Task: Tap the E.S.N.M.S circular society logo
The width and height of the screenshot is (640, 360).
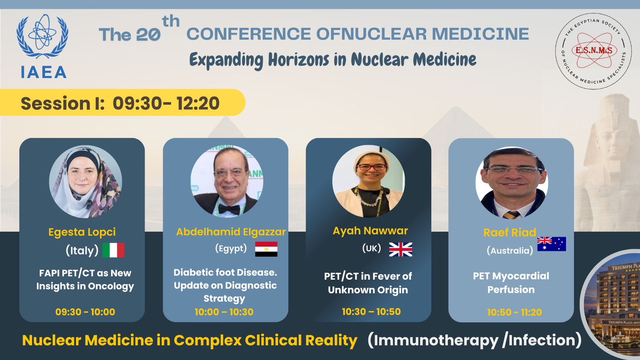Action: click(594, 51)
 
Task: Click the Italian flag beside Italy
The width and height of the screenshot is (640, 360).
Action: click(114, 250)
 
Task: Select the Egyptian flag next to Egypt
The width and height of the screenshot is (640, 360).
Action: click(266, 249)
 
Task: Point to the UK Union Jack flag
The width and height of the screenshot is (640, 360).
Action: click(400, 250)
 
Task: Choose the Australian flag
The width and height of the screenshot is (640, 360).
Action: click(552, 244)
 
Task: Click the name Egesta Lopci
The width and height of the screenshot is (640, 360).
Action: click(82, 232)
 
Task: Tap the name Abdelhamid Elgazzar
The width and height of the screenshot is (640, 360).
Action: click(231, 232)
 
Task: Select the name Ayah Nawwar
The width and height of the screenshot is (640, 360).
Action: click(370, 231)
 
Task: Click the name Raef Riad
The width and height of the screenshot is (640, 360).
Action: click(510, 232)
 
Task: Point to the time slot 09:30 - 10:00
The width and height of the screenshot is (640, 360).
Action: click(85, 312)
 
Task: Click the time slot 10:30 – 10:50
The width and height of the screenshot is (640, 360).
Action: click(371, 312)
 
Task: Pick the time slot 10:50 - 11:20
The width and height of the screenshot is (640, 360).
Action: click(514, 312)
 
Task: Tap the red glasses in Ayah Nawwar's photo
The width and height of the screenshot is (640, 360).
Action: click(371, 167)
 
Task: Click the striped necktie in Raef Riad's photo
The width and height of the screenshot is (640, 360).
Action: click(512, 215)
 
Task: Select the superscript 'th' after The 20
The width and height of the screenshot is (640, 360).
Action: click(170, 21)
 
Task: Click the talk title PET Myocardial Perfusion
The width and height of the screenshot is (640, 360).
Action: click(511, 282)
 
